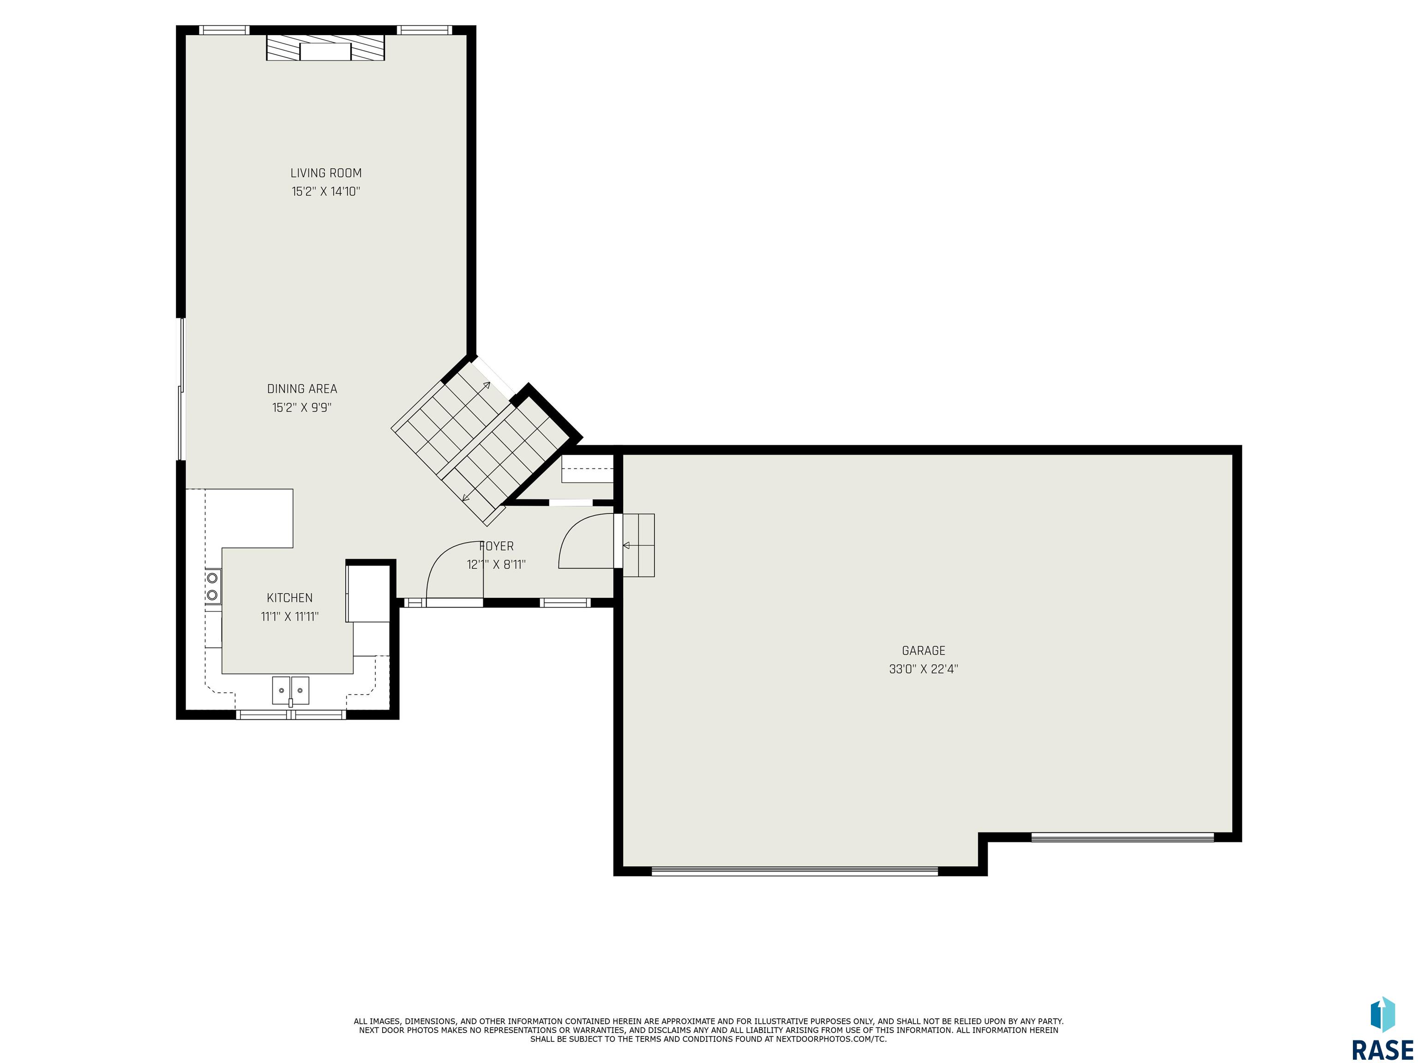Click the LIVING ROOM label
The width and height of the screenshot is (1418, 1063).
(x=326, y=173)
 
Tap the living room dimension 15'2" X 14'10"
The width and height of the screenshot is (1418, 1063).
(x=326, y=191)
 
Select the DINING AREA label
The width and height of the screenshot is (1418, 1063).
(x=302, y=389)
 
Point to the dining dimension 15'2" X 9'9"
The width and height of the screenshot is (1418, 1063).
(x=302, y=407)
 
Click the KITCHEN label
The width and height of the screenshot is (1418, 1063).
(x=290, y=598)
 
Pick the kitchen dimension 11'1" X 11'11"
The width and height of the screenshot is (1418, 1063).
(x=290, y=617)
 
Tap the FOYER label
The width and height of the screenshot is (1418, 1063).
(x=496, y=546)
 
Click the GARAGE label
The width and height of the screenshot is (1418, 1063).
(x=923, y=651)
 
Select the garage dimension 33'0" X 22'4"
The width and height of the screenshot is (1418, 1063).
(x=923, y=669)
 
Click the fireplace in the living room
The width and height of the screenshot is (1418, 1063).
(x=326, y=48)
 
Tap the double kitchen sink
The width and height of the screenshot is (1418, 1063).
(x=290, y=691)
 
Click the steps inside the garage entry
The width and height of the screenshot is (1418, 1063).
(x=638, y=545)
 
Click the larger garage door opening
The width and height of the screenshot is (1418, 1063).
(x=795, y=872)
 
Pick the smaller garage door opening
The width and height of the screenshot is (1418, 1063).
(x=1123, y=837)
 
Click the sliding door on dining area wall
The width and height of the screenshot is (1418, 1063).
(x=181, y=389)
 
